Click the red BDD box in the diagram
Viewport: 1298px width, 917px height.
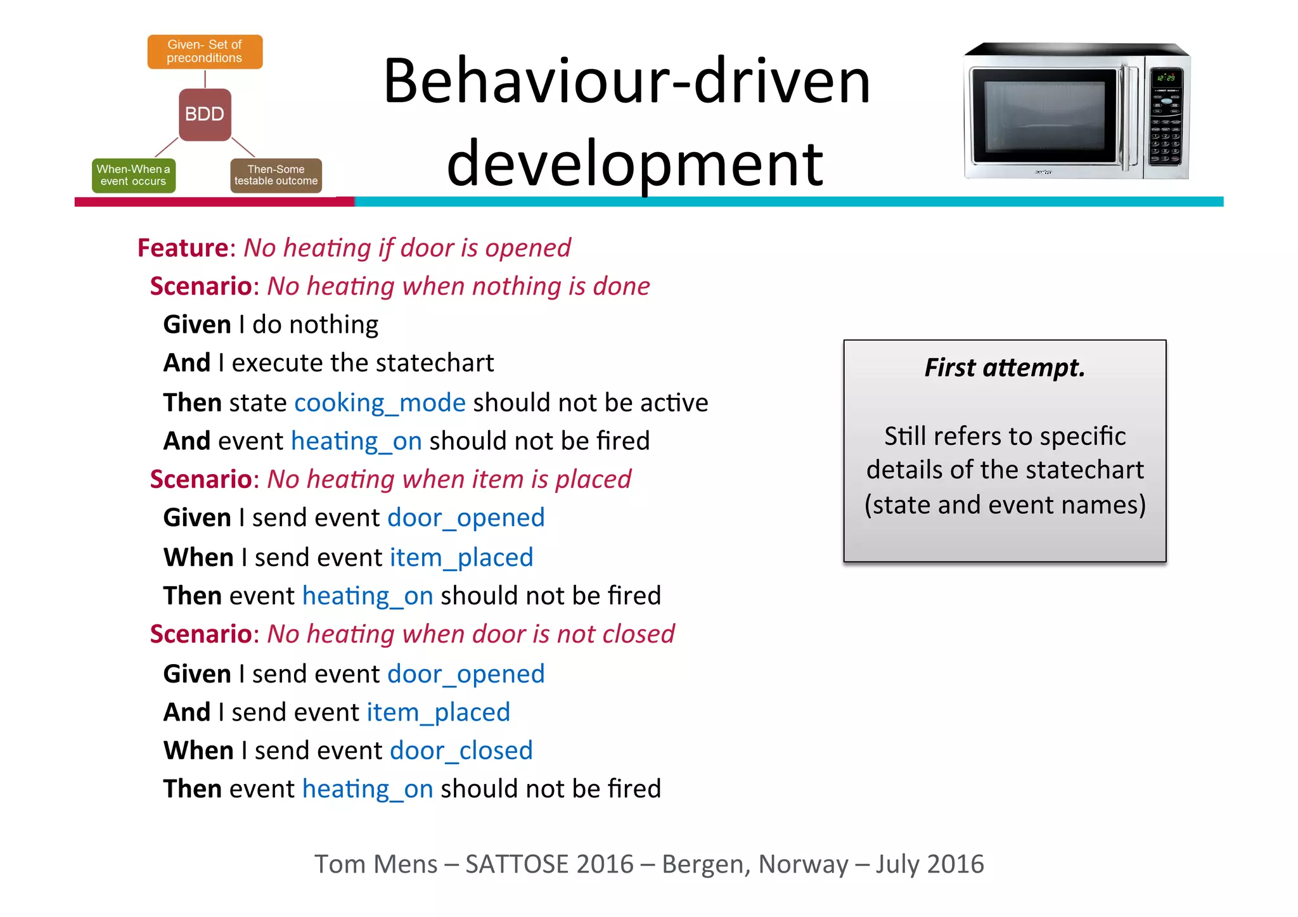coord(205,114)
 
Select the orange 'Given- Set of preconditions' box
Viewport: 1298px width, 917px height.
coord(205,51)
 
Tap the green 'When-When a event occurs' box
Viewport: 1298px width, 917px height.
coord(133,175)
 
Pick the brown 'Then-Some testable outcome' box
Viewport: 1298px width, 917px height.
coord(276,175)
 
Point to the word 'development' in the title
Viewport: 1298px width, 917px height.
coord(634,164)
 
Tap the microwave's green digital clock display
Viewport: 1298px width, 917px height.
coord(1166,77)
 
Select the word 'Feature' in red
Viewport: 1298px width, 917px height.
coord(183,248)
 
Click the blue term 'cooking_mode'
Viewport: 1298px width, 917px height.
coord(380,403)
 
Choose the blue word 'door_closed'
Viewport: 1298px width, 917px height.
coord(461,751)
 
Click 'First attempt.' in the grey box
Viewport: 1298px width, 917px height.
coord(1005,368)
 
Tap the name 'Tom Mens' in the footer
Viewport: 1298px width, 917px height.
coord(376,864)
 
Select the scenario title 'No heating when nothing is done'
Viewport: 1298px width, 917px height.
coord(458,286)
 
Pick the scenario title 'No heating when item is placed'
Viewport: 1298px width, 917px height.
coord(449,480)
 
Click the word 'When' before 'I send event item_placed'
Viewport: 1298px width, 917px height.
coord(198,558)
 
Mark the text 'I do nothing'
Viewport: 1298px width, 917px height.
coord(308,325)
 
